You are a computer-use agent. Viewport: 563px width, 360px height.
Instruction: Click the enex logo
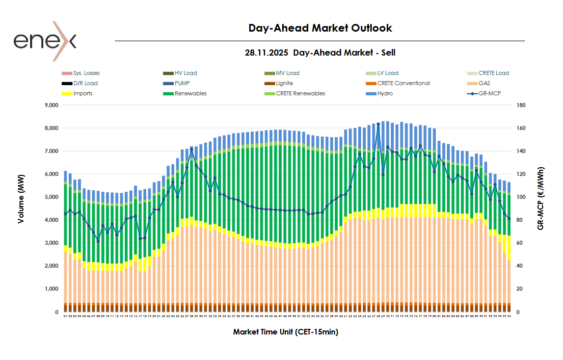45,40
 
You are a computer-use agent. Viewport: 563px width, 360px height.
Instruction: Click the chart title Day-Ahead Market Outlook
320,28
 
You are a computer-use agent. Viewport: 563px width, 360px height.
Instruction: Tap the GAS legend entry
485,83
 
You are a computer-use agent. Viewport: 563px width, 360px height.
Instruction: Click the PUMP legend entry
182,83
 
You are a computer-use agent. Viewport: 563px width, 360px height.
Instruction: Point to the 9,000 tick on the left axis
51,106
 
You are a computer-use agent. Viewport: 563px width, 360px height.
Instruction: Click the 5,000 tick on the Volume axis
51,197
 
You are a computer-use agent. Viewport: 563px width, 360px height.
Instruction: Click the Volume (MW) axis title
21,197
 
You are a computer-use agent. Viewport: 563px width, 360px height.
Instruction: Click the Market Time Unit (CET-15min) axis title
285,332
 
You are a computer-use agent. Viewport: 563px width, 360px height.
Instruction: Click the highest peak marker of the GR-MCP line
378,124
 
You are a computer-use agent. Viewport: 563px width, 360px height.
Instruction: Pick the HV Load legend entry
185,73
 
